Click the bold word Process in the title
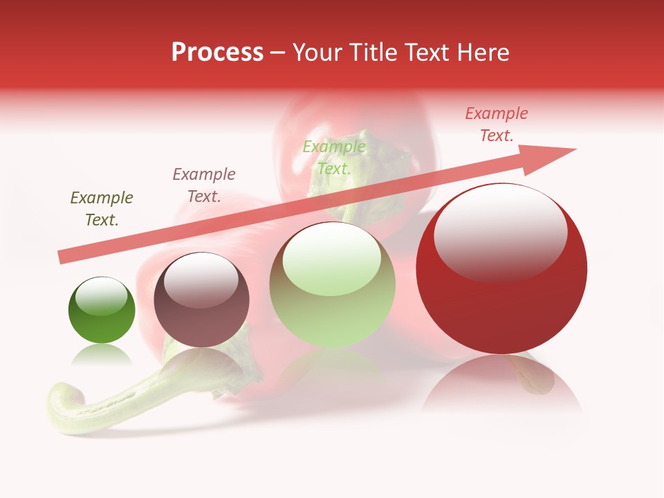coord(217,53)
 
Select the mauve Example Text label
coord(204,185)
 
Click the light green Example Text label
coord(334,158)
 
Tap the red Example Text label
coord(497,124)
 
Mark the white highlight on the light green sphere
coord(332,257)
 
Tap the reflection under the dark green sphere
coord(102,356)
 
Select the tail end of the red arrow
coord(64,257)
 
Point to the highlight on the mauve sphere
coord(201,280)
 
